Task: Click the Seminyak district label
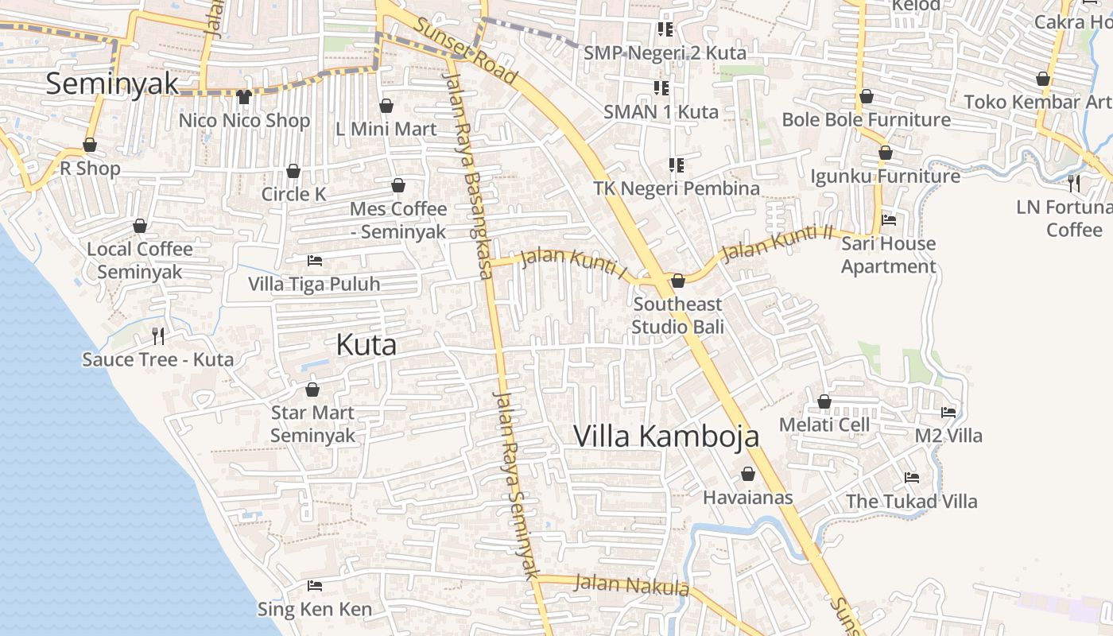[x=111, y=83]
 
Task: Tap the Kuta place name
[x=366, y=345]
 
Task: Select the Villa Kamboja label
[x=666, y=436]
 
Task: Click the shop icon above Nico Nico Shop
[x=244, y=97]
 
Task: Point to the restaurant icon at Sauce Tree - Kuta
[x=158, y=336]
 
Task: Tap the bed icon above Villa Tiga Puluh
[x=315, y=261]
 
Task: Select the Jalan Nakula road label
[x=631, y=585]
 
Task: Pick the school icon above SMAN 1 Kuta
[x=661, y=87]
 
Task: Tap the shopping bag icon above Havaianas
[x=748, y=475]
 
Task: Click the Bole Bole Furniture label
[x=866, y=120]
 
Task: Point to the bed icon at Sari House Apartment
[x=889, y=220]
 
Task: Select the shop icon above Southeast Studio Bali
[x=678, y=281]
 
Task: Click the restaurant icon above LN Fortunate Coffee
[x=1074, y=184]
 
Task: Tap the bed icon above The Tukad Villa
[x=912, y=478]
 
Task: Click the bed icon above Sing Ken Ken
[x=315, y=586]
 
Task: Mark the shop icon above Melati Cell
[x=824, y=402]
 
